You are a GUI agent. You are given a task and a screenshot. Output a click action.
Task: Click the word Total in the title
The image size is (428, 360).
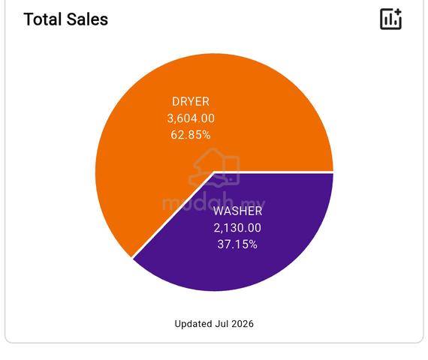pos(42,19)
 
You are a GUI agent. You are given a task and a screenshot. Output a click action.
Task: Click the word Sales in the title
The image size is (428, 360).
pos(87,19)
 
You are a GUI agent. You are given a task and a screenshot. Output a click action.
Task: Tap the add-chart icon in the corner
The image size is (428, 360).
pos(390,19)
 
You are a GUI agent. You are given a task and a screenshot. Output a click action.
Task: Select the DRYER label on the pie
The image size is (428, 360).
pos(191,102)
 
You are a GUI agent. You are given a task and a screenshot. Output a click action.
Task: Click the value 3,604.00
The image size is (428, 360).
pos(191,118)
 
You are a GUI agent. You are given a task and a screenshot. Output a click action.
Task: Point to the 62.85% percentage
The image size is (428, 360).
pos(191,135)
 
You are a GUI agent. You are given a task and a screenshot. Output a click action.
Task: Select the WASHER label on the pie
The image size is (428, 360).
pos(237,211)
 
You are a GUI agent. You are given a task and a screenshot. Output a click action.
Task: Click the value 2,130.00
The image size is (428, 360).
pos(237,228)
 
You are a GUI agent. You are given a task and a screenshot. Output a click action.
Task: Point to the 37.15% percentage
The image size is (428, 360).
pos(237,244)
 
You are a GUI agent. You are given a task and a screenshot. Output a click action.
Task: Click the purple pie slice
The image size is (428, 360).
pos(246,245)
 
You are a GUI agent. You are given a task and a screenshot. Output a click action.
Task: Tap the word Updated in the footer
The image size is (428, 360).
pos(193,324)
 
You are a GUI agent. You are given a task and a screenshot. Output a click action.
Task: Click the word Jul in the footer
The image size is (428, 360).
pos(222,324)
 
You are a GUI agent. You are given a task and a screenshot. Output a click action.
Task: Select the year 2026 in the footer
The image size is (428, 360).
pos(243,324)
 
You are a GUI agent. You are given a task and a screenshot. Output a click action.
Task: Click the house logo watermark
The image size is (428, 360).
pos(215,168)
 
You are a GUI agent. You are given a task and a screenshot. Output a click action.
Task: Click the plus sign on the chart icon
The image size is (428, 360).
pos(398,12)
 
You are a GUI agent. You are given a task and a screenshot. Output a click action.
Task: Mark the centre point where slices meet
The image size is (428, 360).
pos(214,172)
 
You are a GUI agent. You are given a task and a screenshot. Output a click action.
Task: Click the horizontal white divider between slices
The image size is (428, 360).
pos(274,172)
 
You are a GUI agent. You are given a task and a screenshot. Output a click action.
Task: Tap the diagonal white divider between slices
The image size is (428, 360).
pos(173,215)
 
